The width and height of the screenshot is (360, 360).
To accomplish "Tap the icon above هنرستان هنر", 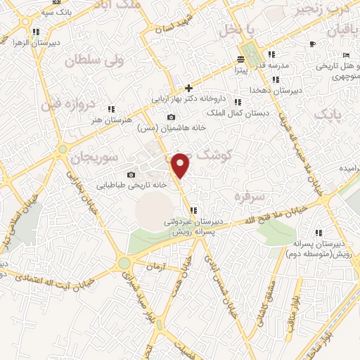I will [111, 109].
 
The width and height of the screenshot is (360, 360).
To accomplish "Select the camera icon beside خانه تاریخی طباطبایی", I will [131, 174].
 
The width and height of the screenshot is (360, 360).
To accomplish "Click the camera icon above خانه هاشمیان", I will [171, 117].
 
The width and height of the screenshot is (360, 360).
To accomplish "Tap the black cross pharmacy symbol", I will [188, 88].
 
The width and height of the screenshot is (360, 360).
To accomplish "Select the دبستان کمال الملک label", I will [234, 112].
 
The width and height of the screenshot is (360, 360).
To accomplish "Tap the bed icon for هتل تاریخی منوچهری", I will [345, 56].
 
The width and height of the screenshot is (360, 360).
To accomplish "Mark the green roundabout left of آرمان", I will [124, 263].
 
